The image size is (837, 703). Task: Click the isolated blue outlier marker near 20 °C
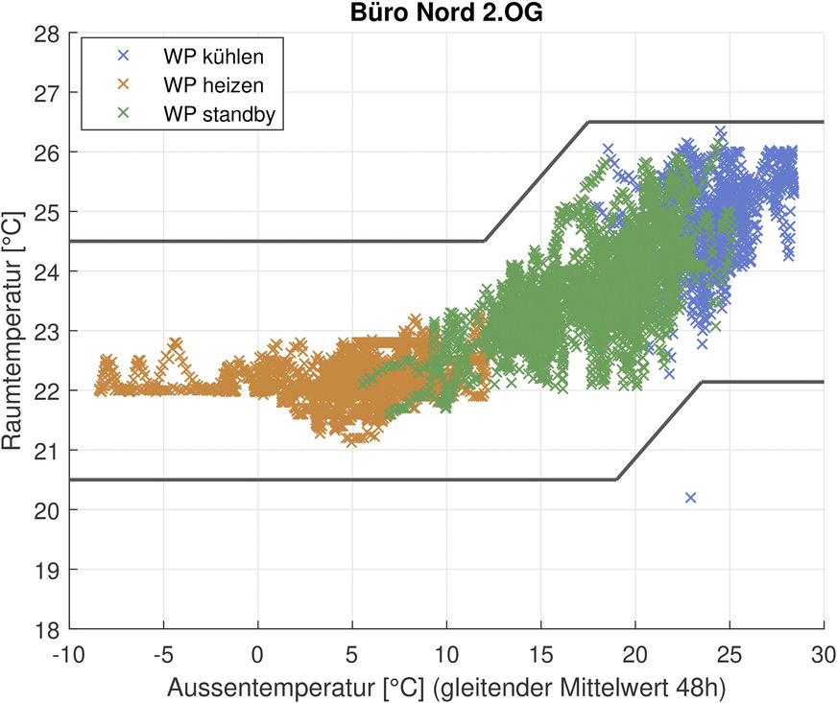point(690,497)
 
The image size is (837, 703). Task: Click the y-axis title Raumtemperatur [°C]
point(14,331)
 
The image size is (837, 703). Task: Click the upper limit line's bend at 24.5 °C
point(485,241)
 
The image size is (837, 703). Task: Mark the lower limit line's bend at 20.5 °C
point(616,480)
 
